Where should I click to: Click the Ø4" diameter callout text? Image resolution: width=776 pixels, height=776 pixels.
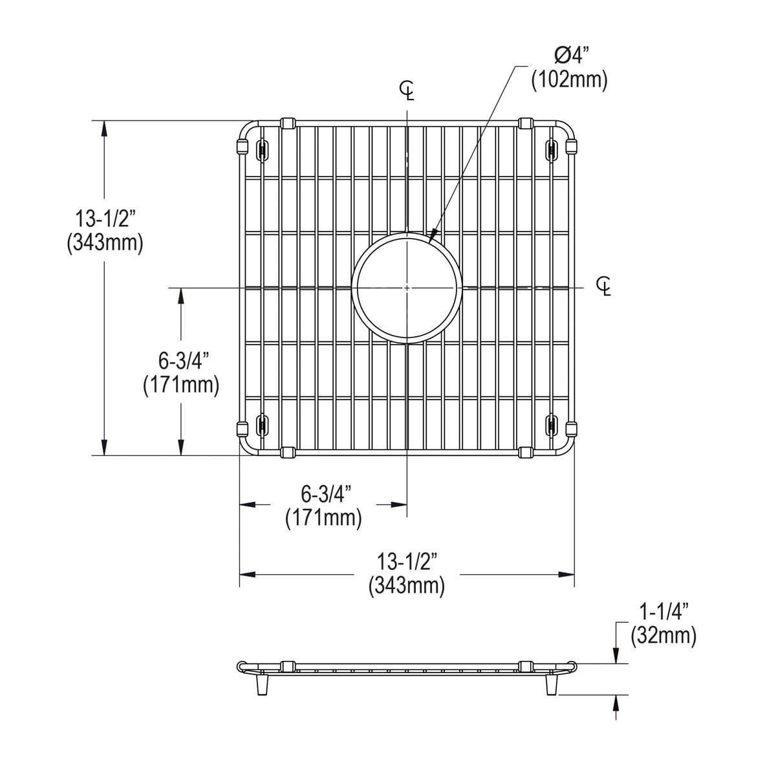pyautogui.click(x=568, y=58)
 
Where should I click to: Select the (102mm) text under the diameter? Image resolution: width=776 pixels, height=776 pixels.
pyautogui.click(x=569, y=81)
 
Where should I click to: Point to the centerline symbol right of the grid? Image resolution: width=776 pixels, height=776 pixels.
pyautogui.click(x=605, y=286)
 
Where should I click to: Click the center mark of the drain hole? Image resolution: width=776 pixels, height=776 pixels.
pyautogui.click(x=406, y=286)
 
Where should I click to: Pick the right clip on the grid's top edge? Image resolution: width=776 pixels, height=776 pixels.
pyautogui.click(x=526, y=123)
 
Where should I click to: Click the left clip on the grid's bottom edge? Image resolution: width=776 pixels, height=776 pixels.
pyautogui.click(x=288, y=452)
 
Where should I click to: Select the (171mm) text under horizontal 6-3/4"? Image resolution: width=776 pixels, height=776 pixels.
pyautogui.click(x=323, y=518)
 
